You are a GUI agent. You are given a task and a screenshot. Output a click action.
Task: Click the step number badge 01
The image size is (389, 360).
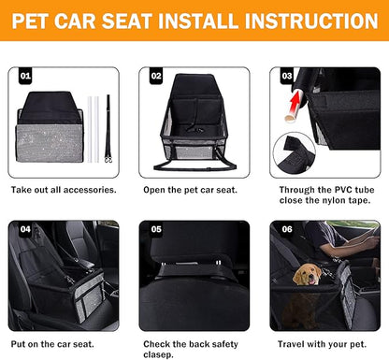[x=26, y=74]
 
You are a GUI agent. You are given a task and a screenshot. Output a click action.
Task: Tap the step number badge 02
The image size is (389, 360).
[x=156, y=74]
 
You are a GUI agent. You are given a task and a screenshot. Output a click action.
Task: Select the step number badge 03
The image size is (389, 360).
[x=286, y=74]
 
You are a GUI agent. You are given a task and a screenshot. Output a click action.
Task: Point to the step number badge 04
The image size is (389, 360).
[x=26, y=227]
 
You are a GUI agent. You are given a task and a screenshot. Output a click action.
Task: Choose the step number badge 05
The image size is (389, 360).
[x=156, y=227]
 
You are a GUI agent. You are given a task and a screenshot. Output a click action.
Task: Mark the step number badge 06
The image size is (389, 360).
[x=286, y=227]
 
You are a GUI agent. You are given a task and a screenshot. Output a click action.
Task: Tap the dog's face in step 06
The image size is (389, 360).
[x=307, y=274]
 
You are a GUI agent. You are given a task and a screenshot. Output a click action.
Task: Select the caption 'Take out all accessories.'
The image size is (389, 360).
[x=64, y=190]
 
